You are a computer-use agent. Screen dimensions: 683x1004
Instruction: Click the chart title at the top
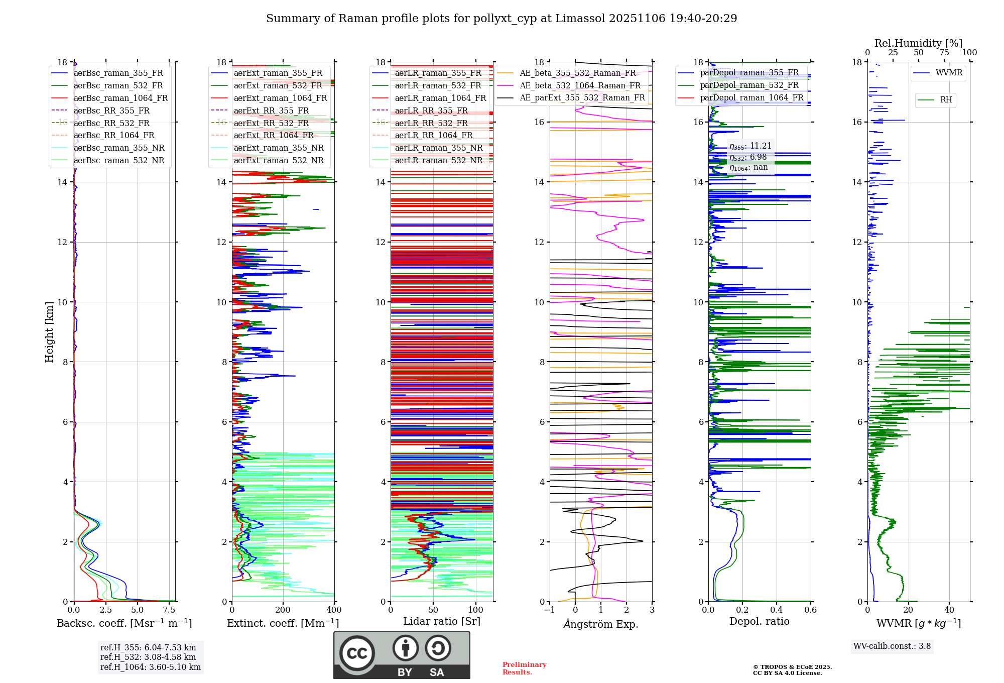501,19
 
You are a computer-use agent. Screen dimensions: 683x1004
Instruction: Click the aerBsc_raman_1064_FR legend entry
120,98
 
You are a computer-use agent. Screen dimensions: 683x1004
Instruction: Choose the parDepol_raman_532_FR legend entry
749,85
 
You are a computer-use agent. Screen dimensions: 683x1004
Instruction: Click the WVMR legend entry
949,73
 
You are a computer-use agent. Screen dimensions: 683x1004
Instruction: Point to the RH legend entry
946,100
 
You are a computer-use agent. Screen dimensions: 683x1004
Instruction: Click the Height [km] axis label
49,332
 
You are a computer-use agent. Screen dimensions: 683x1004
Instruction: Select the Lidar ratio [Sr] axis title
442,622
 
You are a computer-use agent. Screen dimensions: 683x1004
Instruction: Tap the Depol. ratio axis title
759,622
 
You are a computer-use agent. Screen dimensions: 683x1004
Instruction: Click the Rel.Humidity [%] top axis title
918,43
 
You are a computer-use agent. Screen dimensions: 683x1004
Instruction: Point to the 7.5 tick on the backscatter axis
169,610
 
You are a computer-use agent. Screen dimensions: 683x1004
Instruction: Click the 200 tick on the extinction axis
283,610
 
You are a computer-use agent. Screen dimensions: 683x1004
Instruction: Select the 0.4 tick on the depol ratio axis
776,610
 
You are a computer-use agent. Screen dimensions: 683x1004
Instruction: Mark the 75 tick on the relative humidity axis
944,53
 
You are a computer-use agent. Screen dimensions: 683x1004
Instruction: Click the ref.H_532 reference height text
148,657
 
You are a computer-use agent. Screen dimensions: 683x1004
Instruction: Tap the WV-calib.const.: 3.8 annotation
892,646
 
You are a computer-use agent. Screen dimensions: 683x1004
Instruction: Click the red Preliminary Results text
524,668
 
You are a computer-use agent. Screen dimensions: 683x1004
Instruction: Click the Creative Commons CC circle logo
357,653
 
